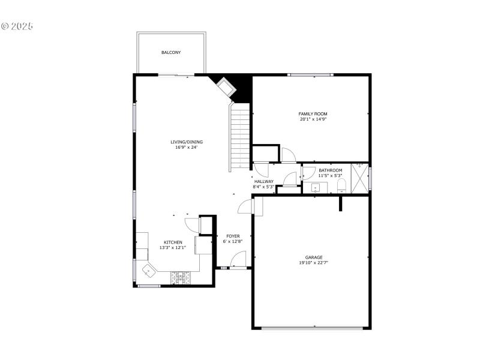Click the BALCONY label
point(171,53)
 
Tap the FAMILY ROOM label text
point(313,113)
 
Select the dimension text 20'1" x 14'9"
point(313,119)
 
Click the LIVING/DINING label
point(187,142)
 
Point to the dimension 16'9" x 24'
point(186,147)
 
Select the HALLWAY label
point(264,181)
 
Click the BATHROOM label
point(331,170)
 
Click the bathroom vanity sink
point(316,187)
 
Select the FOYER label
point(233,236)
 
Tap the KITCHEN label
point(173,242)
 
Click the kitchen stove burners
point(180,277)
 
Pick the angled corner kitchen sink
point(148,271)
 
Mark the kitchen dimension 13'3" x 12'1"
point(173,247)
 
